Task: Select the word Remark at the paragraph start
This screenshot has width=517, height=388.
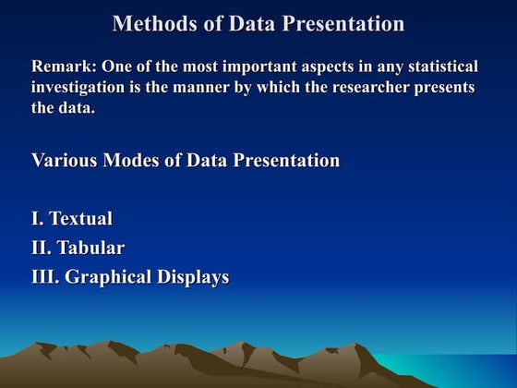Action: coord(61,67)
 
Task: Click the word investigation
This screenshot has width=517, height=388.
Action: coord(80,87)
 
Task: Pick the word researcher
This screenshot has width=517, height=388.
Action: coord(360,87)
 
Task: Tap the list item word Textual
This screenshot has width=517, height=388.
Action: coord(81,219)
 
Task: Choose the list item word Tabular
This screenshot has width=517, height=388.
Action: coord(90,248)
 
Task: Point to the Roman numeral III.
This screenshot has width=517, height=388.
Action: coord(45,277)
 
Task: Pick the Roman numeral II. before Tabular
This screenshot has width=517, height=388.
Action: coord(42,248)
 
